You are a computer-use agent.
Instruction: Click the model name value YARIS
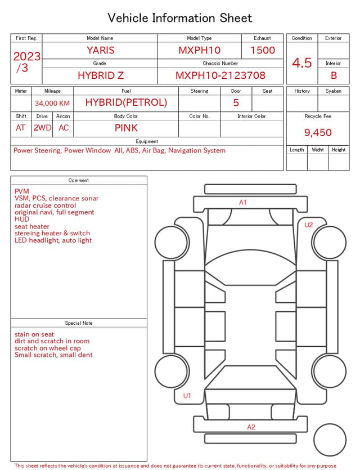click(101, 50)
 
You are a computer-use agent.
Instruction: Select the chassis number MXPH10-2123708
click(220, 75)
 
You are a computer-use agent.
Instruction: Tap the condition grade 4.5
click(302, 63)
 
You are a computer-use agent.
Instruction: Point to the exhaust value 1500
click(263, 50)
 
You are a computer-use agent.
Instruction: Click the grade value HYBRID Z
click(101, 75)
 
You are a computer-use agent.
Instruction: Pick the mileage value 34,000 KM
click(52, 104)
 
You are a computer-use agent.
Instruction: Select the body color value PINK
click(126, 128)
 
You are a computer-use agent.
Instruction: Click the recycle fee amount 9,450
click(318, 132)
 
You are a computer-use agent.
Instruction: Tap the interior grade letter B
click(334, 75)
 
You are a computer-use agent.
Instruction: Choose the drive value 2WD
click(42, 128)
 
